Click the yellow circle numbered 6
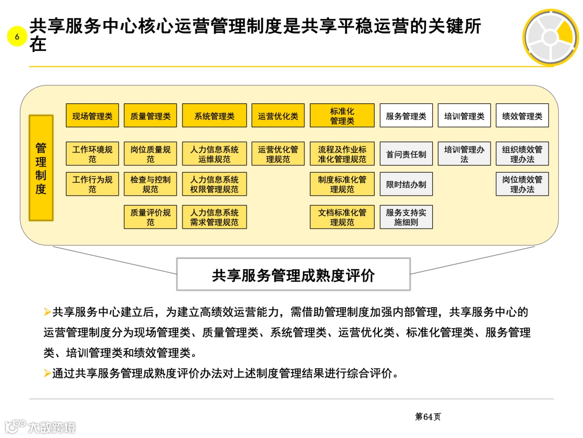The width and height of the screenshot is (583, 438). tap(17, 37)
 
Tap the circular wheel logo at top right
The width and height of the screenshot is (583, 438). tap(550, 37)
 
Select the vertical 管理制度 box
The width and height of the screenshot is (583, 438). tap(41, 168)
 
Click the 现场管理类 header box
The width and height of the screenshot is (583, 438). tap(92, 116)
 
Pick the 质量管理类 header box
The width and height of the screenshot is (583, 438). tap(150, 116)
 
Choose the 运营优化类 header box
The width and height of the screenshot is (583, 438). tap(278, 116)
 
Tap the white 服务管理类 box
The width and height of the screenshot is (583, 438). tap(406, 116)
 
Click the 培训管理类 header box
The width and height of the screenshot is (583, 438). tap(464, 116)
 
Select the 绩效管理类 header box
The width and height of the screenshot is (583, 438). tap(522, 116)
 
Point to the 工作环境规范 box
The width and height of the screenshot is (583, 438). tap(92, 154)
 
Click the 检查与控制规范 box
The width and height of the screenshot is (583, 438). tap(150, 184)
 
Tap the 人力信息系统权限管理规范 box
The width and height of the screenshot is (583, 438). tap(214, 184)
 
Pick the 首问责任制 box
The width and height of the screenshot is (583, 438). tap(406, 154)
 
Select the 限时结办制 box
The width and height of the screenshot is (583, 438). tap(406, 184)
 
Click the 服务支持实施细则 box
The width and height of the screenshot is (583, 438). tap(406, 217)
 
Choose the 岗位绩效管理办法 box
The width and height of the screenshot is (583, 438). tap(522, 184)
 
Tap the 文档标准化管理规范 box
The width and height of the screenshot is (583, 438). tap(342, 217)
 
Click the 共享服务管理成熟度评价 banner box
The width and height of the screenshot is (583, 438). tap(293, 275)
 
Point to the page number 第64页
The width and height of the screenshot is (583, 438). tap(428, 416)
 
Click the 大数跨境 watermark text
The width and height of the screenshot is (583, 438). tap(51, 427)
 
